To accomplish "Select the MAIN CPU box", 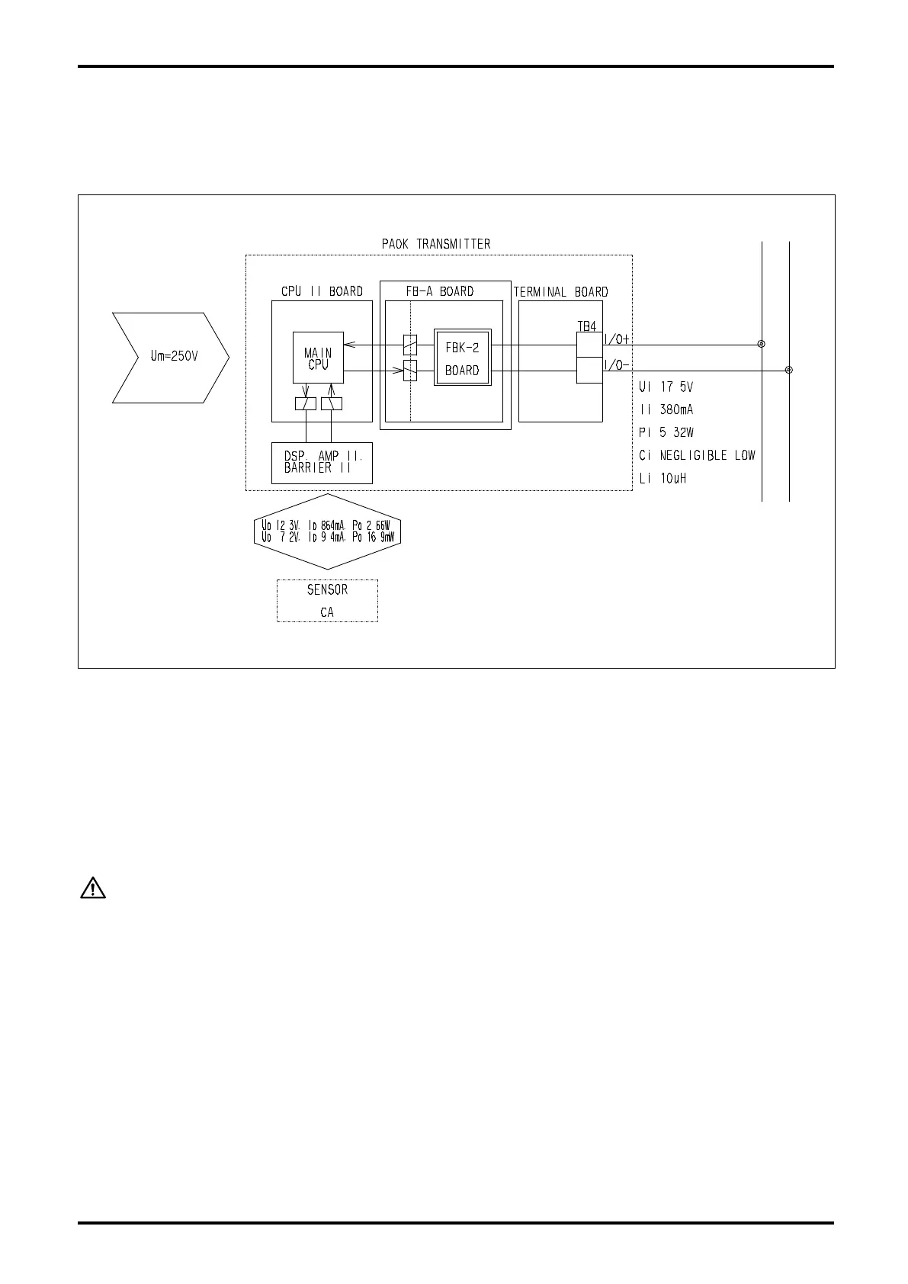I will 318,358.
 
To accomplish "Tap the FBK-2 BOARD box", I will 462,358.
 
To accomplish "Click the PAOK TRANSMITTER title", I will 436,244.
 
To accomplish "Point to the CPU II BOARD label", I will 322,291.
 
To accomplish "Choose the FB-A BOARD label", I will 440,291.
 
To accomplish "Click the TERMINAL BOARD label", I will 560,292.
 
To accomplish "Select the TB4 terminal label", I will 587,326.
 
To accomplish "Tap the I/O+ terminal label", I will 617,339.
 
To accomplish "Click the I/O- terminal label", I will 617,365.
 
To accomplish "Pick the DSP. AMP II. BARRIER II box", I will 322,462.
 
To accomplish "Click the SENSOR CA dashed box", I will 327,601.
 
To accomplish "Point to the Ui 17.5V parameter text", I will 666,387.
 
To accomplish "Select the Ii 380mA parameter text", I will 666,409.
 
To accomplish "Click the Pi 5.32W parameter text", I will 666,432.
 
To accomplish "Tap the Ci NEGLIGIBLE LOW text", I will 697,455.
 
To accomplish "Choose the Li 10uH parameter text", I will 663,479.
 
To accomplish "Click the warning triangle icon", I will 93,888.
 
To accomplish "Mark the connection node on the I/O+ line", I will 762,344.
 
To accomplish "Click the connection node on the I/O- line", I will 789,370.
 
